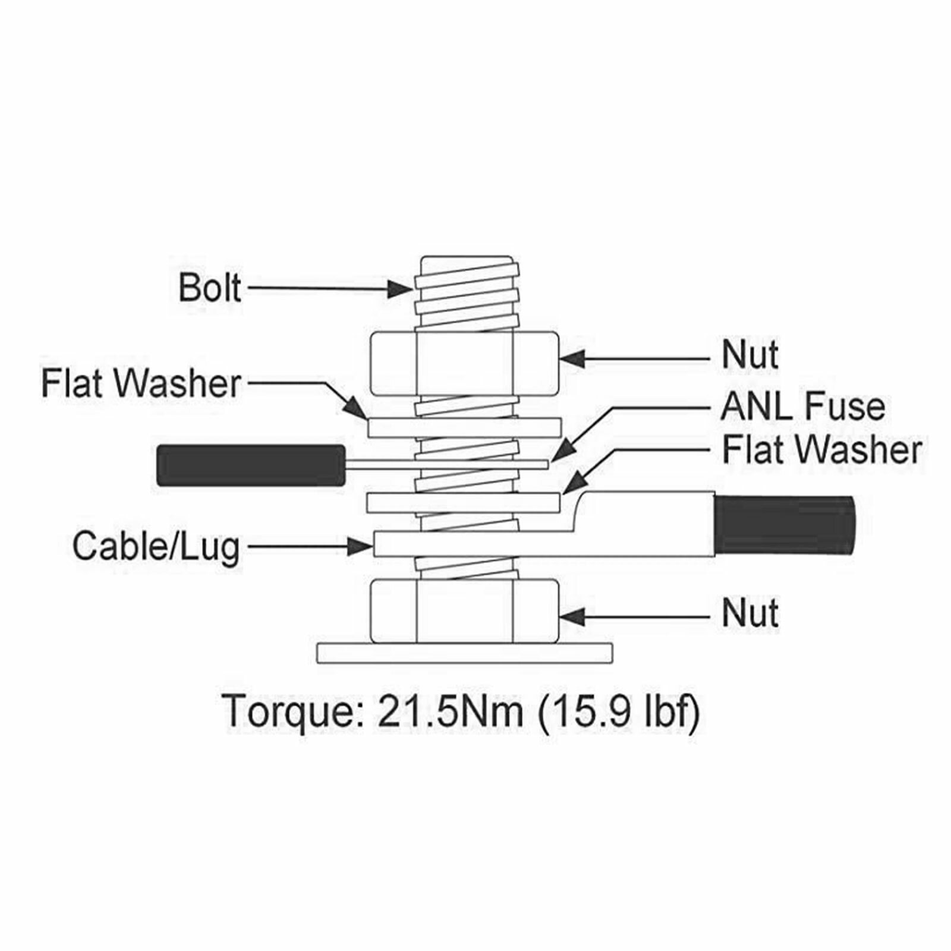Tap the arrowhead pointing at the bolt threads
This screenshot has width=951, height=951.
point(400,289)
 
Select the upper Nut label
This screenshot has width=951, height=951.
point(750,355)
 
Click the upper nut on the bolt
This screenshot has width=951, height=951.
point(464,363)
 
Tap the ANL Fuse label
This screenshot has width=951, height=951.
point(802,407)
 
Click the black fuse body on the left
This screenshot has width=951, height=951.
point(250,465)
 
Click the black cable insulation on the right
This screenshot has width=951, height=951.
point(785,525)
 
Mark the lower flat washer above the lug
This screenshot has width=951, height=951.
point(464,502)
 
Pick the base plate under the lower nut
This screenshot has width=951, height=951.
point(464,653)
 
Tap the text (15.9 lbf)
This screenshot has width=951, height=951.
point(618,711)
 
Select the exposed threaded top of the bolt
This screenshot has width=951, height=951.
point(465,291)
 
